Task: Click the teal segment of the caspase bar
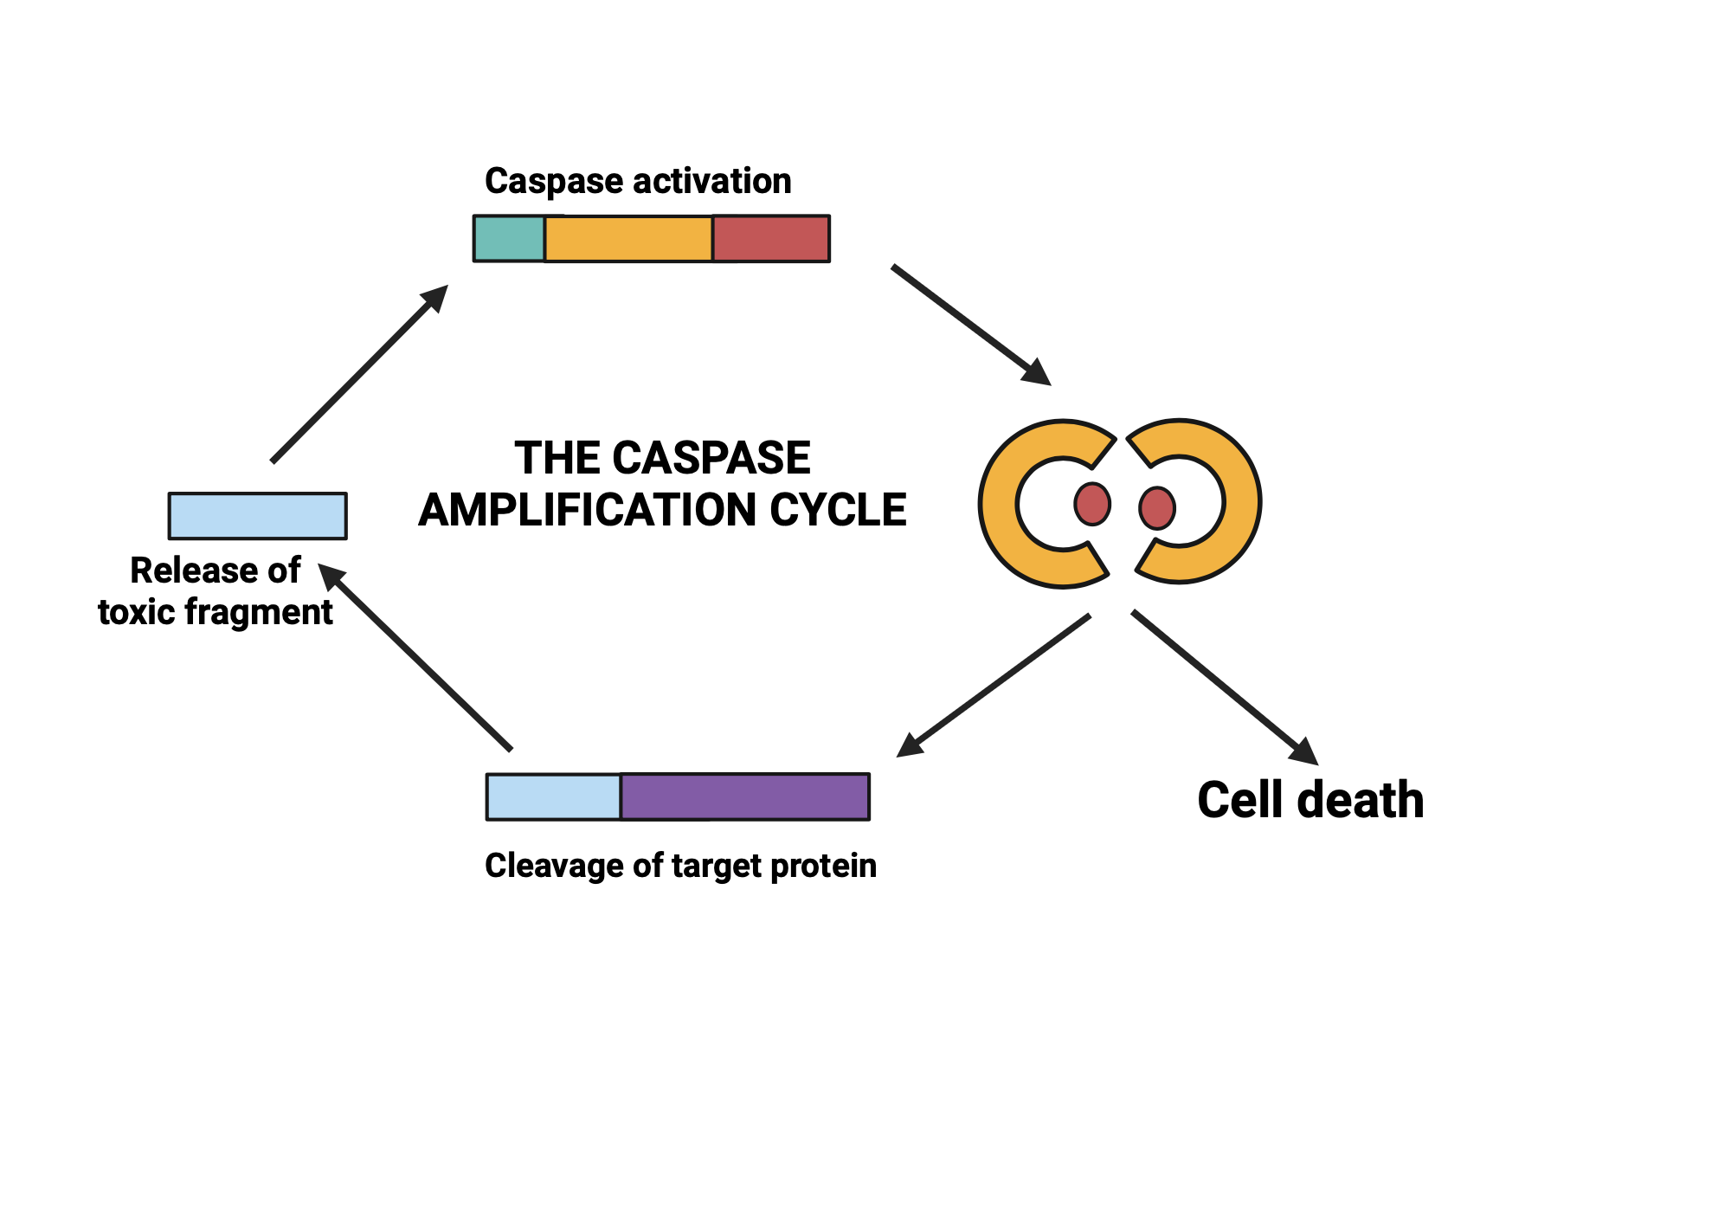tap(509, 239)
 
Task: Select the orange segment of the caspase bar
tap(628, 239)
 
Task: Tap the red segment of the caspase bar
tap(771, 239)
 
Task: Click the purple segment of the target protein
tap(745, 796)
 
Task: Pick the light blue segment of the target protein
tap(554, 796)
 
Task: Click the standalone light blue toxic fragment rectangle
tap(258, 516)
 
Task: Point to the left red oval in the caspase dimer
tap(1092, 504)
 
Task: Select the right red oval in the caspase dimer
tap(1157, 508)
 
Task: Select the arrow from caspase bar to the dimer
tap(969, 324)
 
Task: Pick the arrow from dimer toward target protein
tap(995, 684)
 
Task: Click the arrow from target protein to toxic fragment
tap(415, 658)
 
